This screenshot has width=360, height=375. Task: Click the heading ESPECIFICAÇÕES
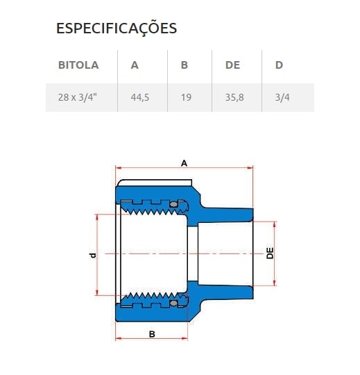[x=116, y=28]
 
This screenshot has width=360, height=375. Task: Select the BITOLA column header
[x=78, y=65]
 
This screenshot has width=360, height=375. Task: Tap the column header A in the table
[x=135, y=65]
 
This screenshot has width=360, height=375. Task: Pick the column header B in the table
[x=185, y=65]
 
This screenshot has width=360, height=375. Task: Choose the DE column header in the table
[x=232, y=65]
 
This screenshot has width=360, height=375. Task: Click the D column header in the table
[x=279, y=65]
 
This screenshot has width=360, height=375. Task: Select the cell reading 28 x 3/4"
[x=78, y=98]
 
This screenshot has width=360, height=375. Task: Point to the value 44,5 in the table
[x=140, y=98]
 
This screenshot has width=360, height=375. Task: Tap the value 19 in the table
[x=186, y=98]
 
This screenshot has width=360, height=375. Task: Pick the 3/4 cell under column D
[x=282, y=98]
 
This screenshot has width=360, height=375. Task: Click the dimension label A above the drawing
[x=184, y=162]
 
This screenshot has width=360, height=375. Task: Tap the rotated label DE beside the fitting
[x=271, y=253]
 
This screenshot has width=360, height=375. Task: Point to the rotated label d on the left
[x=92, y=255]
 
